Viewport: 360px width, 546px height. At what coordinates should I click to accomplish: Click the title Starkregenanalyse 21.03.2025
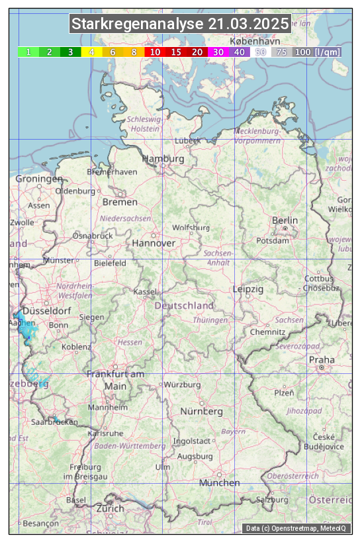[180, 24]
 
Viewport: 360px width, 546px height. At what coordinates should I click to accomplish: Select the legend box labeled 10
[155, 52]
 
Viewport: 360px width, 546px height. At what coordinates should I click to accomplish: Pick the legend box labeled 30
[218, 52]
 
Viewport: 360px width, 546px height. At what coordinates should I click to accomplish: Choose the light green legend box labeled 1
[28, 52]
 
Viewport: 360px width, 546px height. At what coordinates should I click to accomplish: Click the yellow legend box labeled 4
[92, 52]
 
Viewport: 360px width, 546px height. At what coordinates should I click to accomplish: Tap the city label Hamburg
[163, 159]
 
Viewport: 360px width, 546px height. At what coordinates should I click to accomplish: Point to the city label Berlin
[285, 220]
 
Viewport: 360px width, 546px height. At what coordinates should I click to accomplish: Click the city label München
[219, 482]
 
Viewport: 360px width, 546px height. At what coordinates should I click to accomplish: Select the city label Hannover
[154, 243]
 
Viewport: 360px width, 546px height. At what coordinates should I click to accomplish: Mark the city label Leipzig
[248, 289]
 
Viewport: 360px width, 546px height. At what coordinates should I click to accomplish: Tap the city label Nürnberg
[202, 411]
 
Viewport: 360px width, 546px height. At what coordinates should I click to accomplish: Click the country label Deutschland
[184, 305]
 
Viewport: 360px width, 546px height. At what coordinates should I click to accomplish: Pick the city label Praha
[322, 359]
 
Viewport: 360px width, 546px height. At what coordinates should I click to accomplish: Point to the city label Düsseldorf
[47, 310]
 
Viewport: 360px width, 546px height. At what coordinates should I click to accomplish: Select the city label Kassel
[144, 291]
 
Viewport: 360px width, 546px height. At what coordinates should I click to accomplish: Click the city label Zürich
[110, 508]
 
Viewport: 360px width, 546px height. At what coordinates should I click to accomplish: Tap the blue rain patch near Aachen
[28, 331]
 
